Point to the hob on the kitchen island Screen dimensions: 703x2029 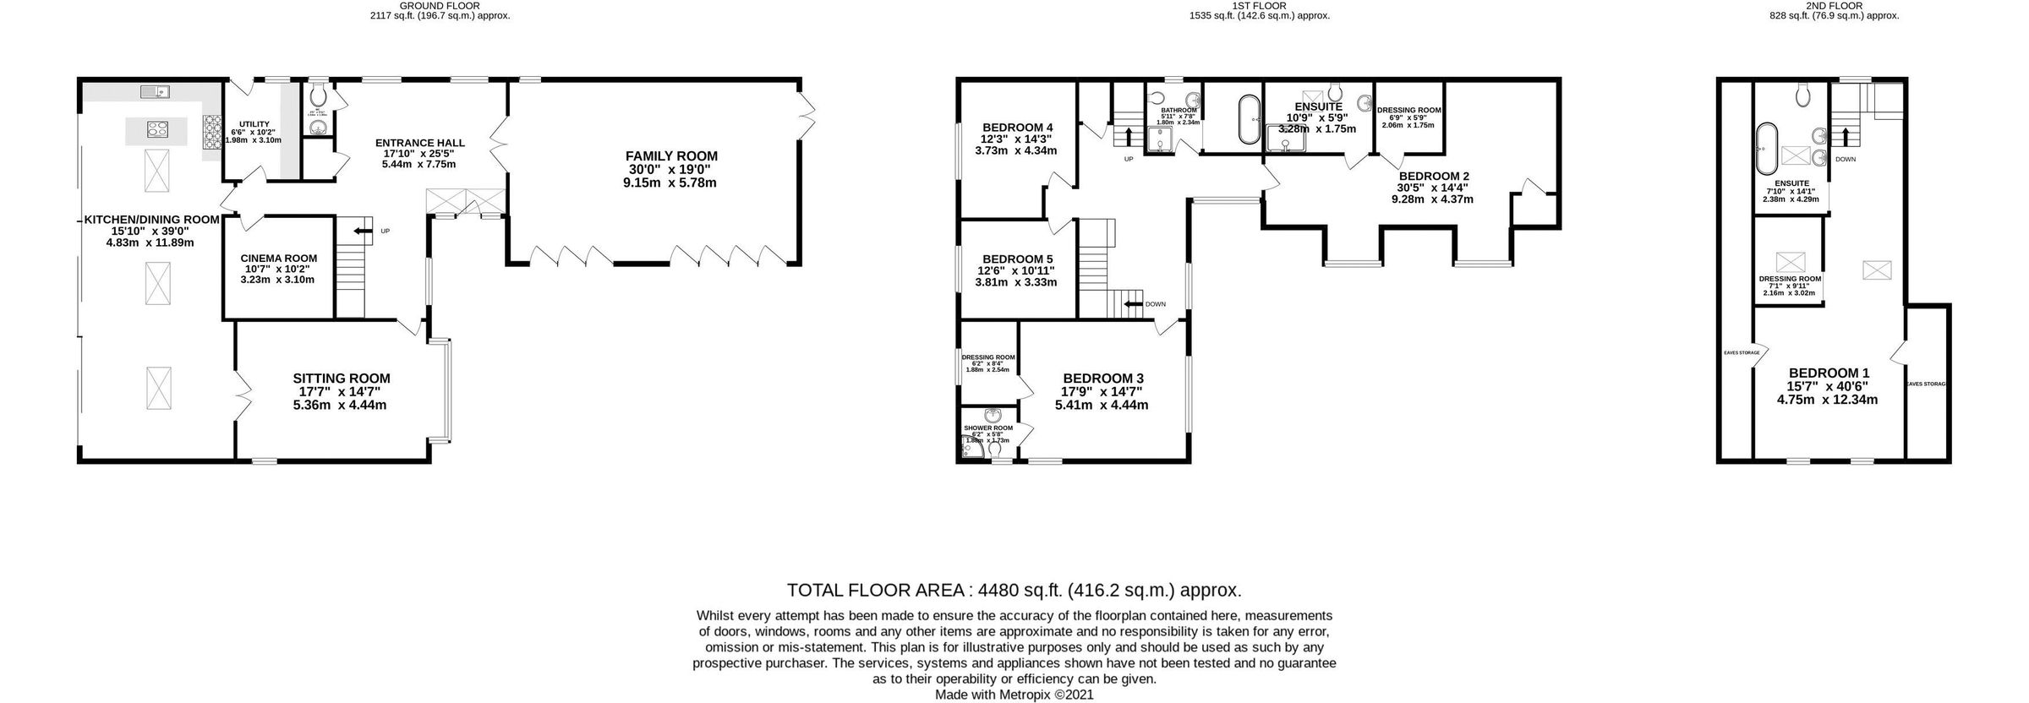(x=157, y=129)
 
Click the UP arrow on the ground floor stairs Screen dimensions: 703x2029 (x=363, y=230)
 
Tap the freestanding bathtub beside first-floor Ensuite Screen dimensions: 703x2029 (x=1247, y=119)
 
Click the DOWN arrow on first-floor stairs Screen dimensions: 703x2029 (x=1132, y=304)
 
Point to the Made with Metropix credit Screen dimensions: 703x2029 (x=1014, y=695)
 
